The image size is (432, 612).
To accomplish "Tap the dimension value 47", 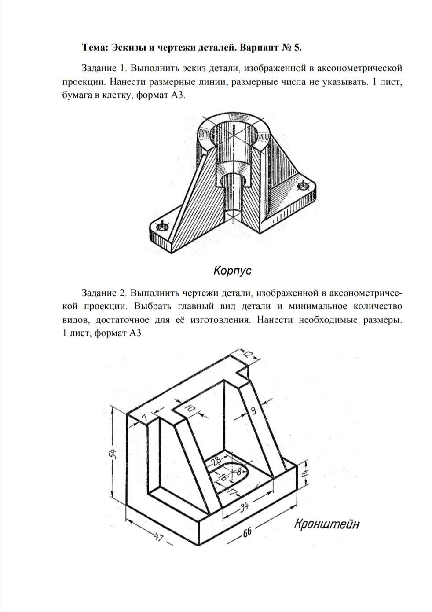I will [159, 537].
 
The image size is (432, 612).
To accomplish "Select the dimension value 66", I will [247, 531].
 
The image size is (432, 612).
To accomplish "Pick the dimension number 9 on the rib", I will [253, 411].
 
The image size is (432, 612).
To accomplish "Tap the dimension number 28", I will [216, 462].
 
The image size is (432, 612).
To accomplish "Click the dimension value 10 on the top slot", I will [190, 409].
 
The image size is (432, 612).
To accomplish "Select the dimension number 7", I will [144, 417].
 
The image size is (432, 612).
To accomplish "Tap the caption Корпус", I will [232, 270].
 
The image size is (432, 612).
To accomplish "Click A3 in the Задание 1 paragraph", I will [175, 95].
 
